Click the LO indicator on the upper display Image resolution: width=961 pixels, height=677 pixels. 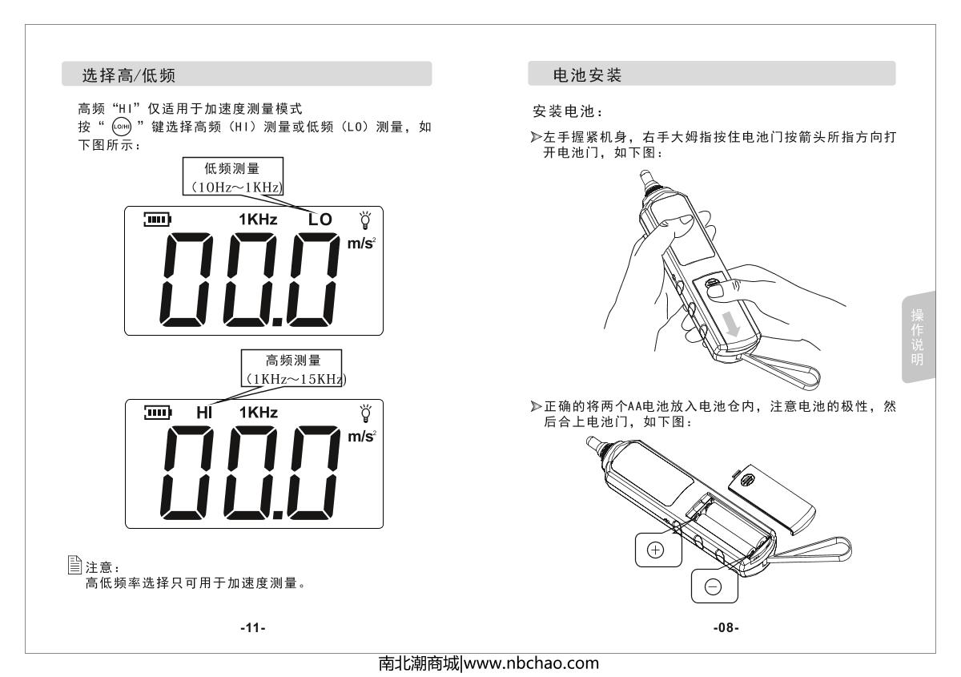320,220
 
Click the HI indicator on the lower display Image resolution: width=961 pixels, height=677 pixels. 204,413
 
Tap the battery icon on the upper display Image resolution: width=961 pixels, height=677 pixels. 158,220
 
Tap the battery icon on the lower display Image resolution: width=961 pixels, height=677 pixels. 158,413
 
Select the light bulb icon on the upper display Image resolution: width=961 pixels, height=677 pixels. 365,220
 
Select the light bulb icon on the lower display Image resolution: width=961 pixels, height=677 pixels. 366,413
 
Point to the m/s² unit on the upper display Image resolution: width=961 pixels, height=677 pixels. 361,244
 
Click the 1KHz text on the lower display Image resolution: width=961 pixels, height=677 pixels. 258,413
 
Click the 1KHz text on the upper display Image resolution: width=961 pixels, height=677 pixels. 258,220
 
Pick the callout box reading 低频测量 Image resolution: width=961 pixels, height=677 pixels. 233,176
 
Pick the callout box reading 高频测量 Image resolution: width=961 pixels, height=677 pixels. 292,369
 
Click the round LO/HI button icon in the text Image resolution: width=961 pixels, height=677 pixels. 122,127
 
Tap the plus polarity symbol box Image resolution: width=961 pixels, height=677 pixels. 658,550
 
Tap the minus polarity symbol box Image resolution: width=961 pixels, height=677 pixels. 714,586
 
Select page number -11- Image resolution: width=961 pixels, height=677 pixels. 253,628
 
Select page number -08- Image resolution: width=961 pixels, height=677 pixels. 726,627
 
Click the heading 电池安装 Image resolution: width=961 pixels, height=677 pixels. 587,75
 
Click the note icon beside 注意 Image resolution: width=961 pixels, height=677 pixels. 74,565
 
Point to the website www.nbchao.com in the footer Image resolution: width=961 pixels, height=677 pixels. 531,663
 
